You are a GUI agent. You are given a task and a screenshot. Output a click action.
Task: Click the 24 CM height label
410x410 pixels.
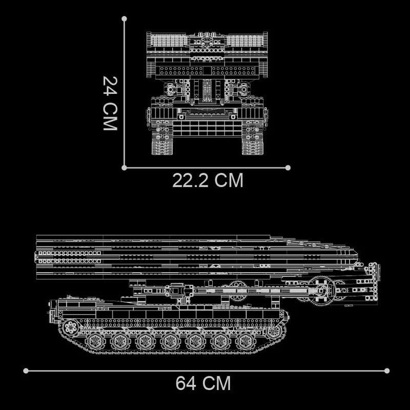pos(110,103)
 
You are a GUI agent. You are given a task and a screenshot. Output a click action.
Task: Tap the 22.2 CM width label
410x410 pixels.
pos(208,180)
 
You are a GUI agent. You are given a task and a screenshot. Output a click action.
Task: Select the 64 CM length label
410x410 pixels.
pos(203,383)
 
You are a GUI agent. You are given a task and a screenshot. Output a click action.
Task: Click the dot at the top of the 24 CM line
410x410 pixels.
pos(124,19)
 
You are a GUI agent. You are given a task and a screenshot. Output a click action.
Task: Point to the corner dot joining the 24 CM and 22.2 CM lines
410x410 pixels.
pos(124,168)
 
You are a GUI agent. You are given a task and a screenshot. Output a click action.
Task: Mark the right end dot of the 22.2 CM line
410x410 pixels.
pos(288,168)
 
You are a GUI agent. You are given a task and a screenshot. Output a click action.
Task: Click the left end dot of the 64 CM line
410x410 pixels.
pos(26,371)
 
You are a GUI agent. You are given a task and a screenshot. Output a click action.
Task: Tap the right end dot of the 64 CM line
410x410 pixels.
pos(387,371)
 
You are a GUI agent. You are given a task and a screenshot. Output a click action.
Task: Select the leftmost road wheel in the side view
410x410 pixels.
pos(95,341)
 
